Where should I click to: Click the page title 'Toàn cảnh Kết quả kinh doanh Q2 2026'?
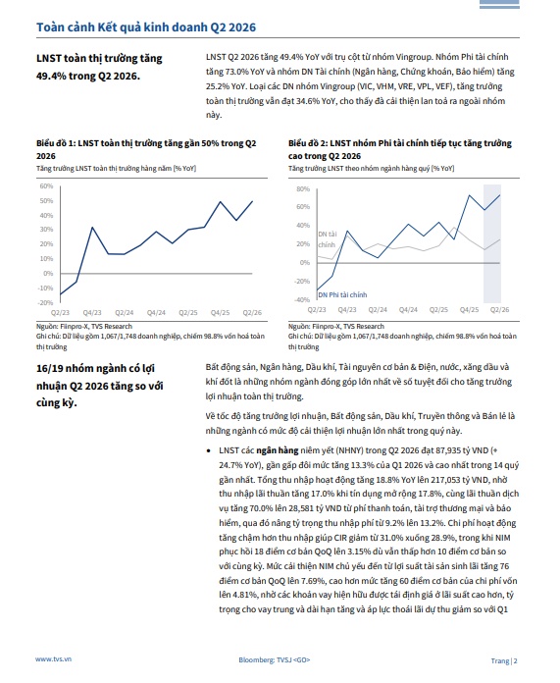click(146, 27)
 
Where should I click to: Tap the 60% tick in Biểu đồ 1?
click(46, 186)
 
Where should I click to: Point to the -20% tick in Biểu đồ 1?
click(45, 302)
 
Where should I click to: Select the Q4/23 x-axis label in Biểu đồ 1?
click(92, 312)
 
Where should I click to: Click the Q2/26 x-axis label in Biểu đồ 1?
click(252, 312)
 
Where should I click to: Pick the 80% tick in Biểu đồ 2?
click(303, 189)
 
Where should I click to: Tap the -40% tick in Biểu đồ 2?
click(302, 299)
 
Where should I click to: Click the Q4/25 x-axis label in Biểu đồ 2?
click(469, 310)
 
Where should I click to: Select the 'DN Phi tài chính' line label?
click(342, 295)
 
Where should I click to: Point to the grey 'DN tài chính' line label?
click(327, 239)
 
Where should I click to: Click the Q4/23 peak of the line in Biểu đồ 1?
click(92, 227)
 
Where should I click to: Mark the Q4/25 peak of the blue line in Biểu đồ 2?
click(469, 195)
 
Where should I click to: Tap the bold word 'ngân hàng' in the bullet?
click(278, 450)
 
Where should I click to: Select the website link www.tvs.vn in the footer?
click(53, 659)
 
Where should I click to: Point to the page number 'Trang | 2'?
click(504, 660)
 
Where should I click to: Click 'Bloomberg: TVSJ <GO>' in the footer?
click(275, 659)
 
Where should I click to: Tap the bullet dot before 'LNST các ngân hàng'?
click(209, 450)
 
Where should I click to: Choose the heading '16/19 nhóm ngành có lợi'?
click(95, 369)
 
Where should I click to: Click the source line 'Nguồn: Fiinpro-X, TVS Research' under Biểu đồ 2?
click(336, 326)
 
